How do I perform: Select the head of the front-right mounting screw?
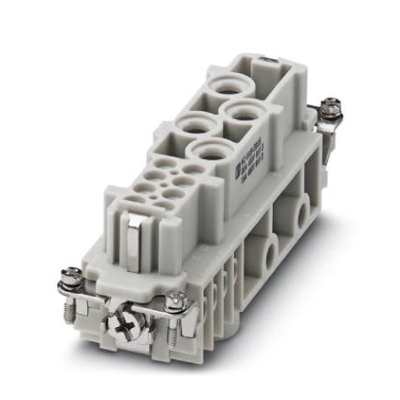178,304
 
